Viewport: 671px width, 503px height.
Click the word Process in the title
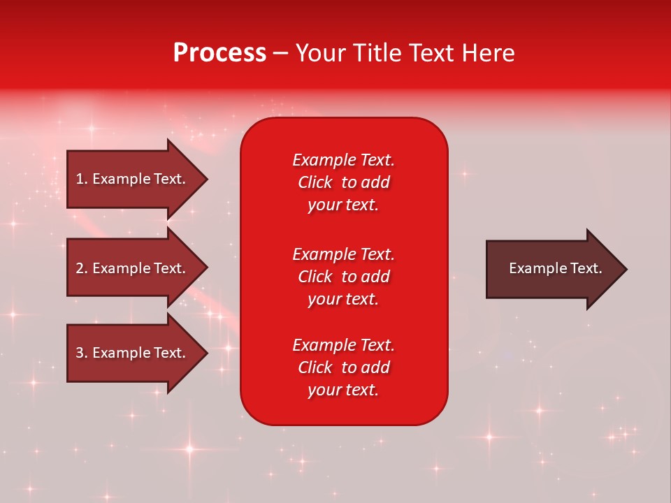point(219,53)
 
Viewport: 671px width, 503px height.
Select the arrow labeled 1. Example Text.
point(133,179)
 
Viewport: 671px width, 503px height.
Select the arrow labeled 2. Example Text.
point(133,268)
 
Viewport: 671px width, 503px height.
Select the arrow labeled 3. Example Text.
point(133,353)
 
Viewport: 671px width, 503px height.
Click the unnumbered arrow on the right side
point(552,268)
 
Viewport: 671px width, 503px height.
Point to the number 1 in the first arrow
point(80,179)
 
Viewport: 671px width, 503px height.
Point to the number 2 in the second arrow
point(80,268)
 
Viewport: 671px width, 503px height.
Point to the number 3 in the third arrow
point(80,353)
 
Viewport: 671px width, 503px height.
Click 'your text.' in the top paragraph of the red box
point(343,205)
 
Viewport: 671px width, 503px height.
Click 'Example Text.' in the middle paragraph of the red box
point(343,254)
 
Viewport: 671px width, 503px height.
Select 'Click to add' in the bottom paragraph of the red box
point(343,367)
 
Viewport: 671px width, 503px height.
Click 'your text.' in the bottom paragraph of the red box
point(343,390)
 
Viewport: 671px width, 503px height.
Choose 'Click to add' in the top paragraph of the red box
point(343,182)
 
